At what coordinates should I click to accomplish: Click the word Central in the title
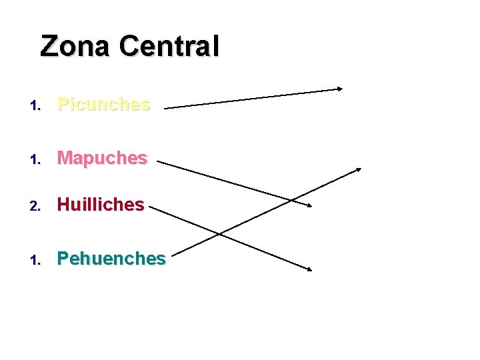[x=169, y=46]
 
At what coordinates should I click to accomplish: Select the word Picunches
[x=103, y=104]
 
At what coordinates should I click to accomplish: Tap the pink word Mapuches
[x=102, y=158]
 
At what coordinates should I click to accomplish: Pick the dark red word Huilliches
[x=101, y=205]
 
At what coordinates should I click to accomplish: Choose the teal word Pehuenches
[x=111, y=258]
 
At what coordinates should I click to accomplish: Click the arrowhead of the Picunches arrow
[x=339, y=89]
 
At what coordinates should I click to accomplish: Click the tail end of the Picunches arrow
[x=165, y=107]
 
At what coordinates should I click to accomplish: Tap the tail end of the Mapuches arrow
[x=157, y=161]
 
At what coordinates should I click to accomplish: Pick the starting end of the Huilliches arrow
[x=149, y=207]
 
